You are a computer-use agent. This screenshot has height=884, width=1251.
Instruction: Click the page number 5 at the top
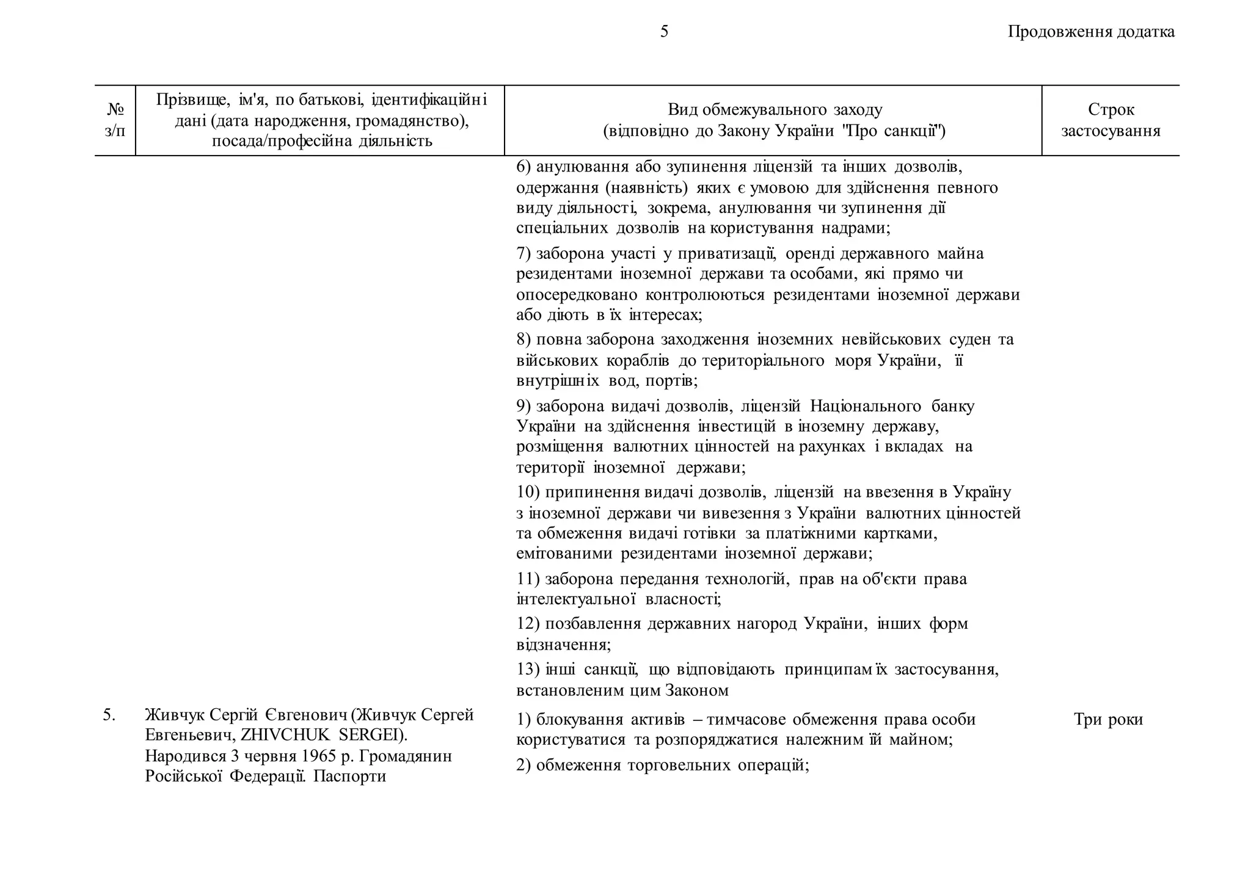point(664,32)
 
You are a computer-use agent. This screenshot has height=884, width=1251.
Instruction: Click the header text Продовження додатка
point(1091,32)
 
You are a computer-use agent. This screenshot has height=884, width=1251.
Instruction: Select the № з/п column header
point(115,120)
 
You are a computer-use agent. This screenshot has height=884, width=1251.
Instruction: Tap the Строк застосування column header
point(1111,120)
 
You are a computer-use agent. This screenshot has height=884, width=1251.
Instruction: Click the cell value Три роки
point(1108,720)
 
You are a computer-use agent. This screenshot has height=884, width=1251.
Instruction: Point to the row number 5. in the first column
point(109,715)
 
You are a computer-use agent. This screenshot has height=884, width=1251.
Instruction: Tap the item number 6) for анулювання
point(523,167)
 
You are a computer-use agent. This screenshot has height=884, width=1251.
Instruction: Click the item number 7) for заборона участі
point(523,253)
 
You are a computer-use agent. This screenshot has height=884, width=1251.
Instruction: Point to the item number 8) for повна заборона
point(523,339)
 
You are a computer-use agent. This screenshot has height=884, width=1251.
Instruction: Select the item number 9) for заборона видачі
point(523,407)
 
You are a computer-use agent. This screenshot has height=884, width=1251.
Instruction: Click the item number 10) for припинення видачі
point(528,492)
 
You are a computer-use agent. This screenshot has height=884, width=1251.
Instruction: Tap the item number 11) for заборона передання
point(528,579)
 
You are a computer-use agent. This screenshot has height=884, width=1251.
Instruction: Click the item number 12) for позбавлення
point(528,624)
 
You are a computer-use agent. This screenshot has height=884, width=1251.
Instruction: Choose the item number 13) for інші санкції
point(528,670)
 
